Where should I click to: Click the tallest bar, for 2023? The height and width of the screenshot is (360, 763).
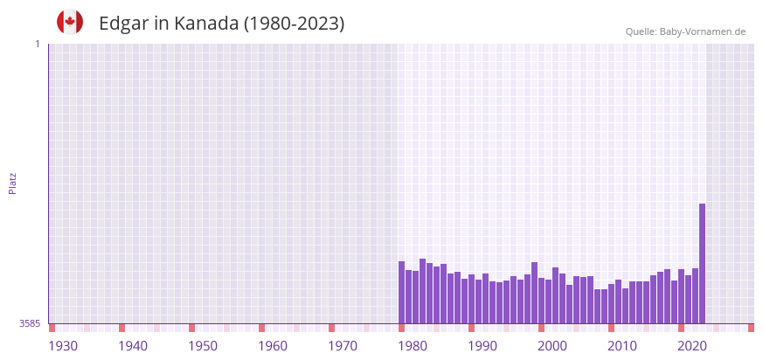point(702,263)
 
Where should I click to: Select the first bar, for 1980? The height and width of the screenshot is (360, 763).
point(401,292)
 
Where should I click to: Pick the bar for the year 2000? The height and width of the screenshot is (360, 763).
point(541,301)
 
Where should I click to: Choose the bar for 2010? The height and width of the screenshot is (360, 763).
point(611,303)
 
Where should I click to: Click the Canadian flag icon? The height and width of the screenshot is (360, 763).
point(70,22)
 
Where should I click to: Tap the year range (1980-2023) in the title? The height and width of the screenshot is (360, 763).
point(295,24)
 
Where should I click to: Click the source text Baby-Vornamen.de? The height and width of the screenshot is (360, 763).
point(702,31)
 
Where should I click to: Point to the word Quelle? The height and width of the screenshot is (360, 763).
point(641,31)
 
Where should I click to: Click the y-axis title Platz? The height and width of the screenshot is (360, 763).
point(12,183)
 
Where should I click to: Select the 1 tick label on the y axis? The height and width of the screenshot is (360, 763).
point(37,44)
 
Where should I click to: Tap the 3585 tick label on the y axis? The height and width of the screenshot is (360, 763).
point(30,323)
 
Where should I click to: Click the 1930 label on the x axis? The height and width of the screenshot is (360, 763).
point(63,346)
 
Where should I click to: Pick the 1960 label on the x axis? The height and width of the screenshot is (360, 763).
point(273,346)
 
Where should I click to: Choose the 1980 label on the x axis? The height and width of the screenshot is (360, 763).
point(413,346)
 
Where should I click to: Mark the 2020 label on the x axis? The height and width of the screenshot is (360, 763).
point(692,346)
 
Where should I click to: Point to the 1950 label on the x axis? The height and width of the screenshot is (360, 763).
point(203,346)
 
